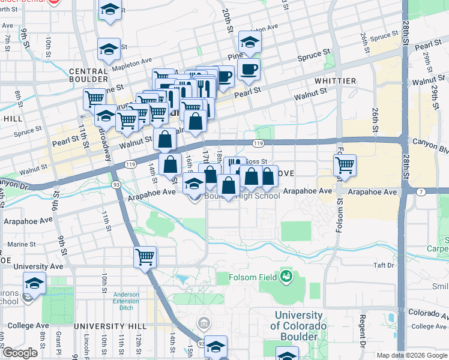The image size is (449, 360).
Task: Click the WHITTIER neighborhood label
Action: coord(334,81)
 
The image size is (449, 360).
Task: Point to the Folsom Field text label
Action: coord(253,277)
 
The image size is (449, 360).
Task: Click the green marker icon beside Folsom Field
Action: coord(286,276)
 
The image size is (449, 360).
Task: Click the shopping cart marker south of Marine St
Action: coord(145,257)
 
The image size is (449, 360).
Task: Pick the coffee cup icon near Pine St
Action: coord(248,69)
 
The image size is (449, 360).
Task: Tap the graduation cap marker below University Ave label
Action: coord(35,283)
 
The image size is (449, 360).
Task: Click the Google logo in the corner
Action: coord(19,353)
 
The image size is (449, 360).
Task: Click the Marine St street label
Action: coord(20,244)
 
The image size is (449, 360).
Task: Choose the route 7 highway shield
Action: coord(421,191)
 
